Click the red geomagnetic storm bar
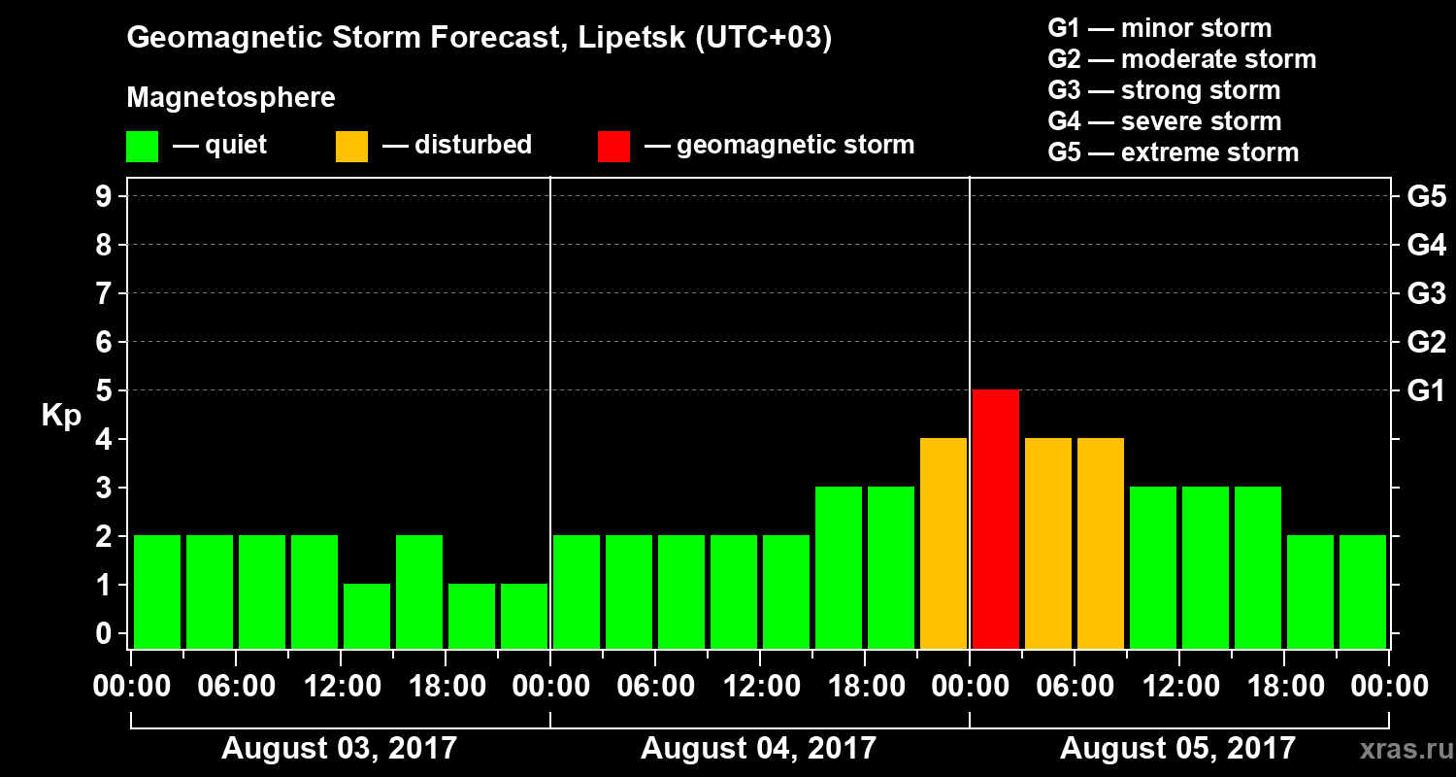point(996,519)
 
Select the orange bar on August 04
point(943,543)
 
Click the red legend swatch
point(614,147)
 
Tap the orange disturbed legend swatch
point(351,147)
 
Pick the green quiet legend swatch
point(142,147)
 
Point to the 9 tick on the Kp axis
point(103,197)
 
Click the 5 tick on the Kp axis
point(103,391)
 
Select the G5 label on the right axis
point(1426,197)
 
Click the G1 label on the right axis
point(1426,391)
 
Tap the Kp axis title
point(61,416)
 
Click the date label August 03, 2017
point(339,749)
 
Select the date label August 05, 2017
point(1177,749)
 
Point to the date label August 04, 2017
point(758,749)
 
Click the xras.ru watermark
point(1399,749)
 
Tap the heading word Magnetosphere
point(231,98)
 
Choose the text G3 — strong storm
point(1164,90)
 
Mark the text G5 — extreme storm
point(1173,152)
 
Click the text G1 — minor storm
point(1159,28)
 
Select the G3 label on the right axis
point(1426,294)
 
